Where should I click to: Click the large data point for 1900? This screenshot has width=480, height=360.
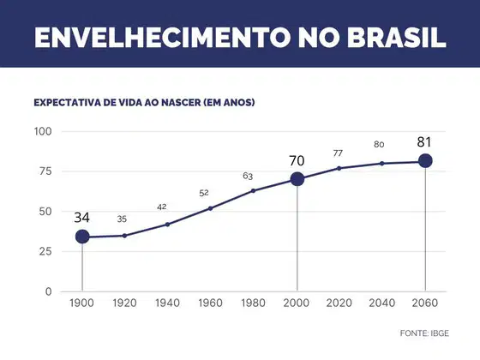tap(82, 237)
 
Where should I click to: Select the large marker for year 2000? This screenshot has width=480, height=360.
tap(297, 179)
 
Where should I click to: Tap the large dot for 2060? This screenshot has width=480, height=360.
tap(425, 161)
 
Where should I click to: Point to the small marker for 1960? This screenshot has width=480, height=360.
tap(210, 208)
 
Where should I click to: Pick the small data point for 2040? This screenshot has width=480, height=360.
tap(381, 164)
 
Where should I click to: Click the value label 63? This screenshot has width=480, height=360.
tap(248, 176)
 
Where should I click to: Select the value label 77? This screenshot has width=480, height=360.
tap(338, 153)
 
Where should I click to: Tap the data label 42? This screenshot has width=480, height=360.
tap(162, 207)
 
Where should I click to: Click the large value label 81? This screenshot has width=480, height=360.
tap(424, 142)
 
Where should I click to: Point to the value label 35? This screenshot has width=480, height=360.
tap(122, 219)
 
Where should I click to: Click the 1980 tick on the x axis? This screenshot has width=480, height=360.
tap(253, 303)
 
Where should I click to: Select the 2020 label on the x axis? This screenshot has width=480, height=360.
tap(339, 303)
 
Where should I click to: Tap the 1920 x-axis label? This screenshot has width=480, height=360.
tap(124, 303)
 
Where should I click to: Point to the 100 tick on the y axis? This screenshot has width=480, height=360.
tap(43, 131)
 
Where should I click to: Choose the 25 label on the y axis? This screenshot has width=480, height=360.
tap(45, 251)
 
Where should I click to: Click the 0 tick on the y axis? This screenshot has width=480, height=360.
tap(48, 291)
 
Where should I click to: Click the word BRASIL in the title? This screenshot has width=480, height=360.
tap(396, 38)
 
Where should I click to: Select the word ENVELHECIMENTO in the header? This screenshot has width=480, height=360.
tap(163, 38)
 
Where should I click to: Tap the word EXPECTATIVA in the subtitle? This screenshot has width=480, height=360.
tap(67, 102)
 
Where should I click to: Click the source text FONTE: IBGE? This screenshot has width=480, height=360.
tap(424, 333)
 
